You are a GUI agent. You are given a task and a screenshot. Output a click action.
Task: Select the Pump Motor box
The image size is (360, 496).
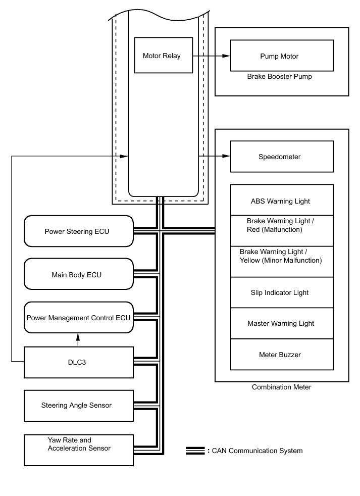282,56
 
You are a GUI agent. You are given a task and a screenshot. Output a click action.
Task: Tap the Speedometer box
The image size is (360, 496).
282,157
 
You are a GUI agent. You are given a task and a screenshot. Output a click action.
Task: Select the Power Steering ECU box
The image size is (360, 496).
79,231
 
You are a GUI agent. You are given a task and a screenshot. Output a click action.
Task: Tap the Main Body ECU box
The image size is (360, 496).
79,274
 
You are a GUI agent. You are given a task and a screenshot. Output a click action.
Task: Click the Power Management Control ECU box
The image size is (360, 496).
79,318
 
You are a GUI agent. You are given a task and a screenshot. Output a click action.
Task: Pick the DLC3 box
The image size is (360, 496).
79,362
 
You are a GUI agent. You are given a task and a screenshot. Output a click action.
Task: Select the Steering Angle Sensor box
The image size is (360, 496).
79,405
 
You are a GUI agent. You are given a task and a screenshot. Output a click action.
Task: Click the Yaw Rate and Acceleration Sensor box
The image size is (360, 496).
79,449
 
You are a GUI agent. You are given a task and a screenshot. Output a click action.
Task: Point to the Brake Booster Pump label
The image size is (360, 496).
280,77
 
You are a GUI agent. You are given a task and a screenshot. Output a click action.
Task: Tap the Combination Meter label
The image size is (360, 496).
281,387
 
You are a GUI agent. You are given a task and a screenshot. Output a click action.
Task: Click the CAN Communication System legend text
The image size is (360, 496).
256,450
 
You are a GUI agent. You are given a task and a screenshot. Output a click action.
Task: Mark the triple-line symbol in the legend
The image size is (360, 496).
195,450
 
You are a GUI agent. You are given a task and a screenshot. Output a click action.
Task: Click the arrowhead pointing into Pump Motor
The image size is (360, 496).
227,56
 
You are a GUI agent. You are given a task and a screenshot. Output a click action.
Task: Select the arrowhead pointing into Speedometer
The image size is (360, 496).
227,157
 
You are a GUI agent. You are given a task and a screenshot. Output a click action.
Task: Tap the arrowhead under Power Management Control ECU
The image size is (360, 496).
78,335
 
